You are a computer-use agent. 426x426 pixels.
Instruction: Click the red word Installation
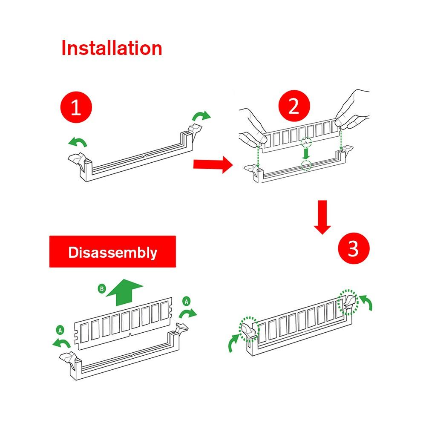(112, 48)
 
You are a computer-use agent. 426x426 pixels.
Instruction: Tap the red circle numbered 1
(76, 107)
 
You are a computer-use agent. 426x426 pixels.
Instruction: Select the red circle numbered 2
(294, 106)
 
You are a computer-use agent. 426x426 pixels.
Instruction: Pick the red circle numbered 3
(354, 248)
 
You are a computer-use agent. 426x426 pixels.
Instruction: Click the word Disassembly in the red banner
(113, 252)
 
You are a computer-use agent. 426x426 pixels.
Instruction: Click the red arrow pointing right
(213, 164)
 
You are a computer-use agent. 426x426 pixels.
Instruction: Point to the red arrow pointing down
(322, 217)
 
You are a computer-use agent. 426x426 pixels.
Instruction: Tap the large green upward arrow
(124, 292)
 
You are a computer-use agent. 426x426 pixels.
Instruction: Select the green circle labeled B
(102, 288)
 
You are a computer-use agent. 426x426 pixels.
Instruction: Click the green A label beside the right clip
(187, 301)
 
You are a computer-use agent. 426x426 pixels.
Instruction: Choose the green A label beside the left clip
(60, 330)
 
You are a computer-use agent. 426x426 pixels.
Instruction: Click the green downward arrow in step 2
(306, 153)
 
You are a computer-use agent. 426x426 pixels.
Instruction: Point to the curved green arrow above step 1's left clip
(78, 141)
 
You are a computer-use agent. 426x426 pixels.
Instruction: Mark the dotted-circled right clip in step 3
(348, 302)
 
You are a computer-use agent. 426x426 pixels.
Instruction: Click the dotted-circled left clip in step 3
(249, 329)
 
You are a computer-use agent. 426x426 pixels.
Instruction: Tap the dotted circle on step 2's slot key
(306, 165)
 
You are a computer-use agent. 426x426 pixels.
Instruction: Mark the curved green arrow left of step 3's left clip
(233, 343)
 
